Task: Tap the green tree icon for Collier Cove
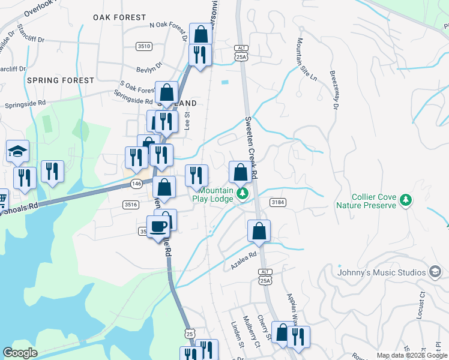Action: point(406,199)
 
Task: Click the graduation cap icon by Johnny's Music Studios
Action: point(434,272)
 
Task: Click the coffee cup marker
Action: point(158,227)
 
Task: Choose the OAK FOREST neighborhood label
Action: point(119,18)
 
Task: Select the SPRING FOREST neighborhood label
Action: point(60,80)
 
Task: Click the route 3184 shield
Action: point(277,202)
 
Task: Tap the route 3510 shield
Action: point(144,46)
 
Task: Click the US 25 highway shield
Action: point(190,332)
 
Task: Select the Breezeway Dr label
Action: point(334,90)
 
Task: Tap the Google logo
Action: point(20,353)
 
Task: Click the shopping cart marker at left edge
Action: point(2,198)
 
